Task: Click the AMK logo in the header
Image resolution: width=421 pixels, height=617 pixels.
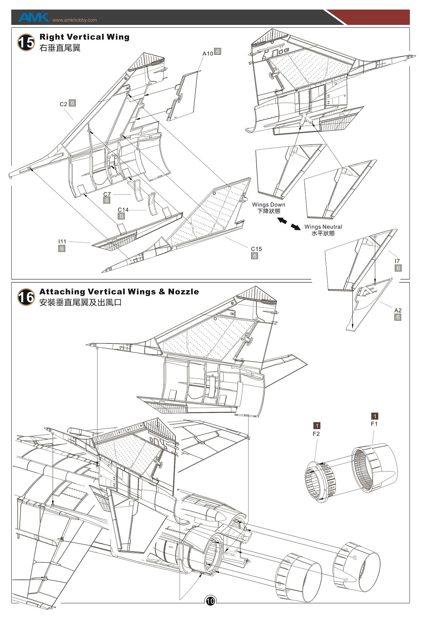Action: tap(33, 17)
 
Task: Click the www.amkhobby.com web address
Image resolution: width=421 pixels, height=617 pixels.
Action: tap(75, 20)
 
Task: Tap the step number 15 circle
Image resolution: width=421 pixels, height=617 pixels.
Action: tap(26, 42)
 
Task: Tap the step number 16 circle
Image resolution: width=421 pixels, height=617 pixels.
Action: tap(26, 297)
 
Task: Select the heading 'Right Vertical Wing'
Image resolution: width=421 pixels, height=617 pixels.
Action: tap(84, 37)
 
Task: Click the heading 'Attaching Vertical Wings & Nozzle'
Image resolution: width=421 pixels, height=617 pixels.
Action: tap(119, 291)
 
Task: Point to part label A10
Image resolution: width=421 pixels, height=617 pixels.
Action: tap(208, 53)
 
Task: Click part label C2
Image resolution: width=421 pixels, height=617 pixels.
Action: tap(63, 104)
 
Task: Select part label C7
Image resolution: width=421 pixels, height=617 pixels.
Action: tap(107, 194)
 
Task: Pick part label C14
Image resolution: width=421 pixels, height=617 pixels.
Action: tap(123, 210)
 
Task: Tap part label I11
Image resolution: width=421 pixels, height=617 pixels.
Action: tap(62, 242)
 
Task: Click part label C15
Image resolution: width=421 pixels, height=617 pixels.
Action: tap(256, 249)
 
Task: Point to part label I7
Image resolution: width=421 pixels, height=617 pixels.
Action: tap(397, 261)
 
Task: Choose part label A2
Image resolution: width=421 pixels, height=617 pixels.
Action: tap(398, 310)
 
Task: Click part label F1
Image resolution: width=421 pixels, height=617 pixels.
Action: tap(374, 424)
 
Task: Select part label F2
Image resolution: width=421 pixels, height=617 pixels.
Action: tap(316, 434)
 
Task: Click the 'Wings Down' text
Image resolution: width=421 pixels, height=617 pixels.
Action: tap(268, 204)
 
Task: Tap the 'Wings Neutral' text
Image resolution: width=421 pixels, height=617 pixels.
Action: tap(323, 227)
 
